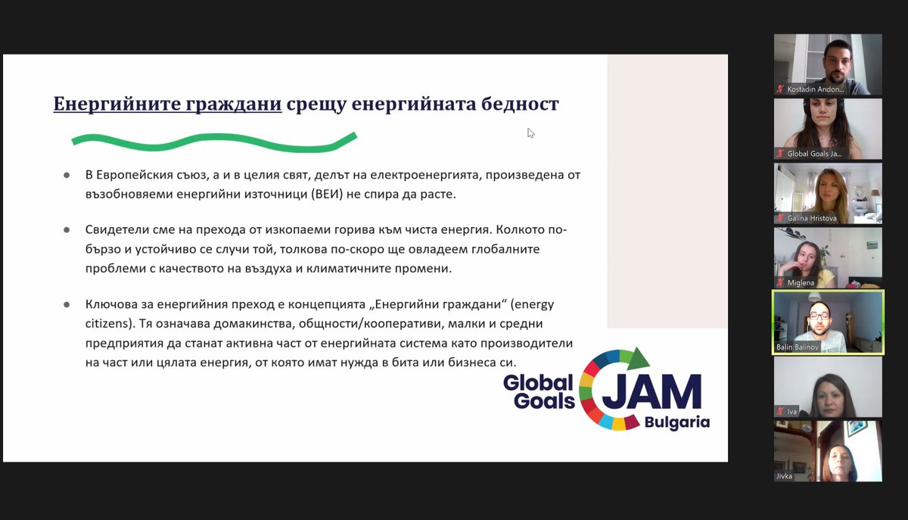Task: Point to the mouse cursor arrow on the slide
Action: (x=530, y=132)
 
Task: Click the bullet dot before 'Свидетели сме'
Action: (x=67, y=229)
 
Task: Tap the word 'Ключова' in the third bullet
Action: (x=110, y=304)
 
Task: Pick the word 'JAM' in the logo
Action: (x=652, y=391)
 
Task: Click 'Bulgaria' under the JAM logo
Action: (x=677, y=422)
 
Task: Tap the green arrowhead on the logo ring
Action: (x=640, y=356)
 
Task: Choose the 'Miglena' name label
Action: (x=801, y=282)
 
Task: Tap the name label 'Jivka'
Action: (x=784, y=476)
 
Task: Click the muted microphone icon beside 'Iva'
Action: (x=780, y=411)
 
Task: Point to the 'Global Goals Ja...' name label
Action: (x=813, y=154)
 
